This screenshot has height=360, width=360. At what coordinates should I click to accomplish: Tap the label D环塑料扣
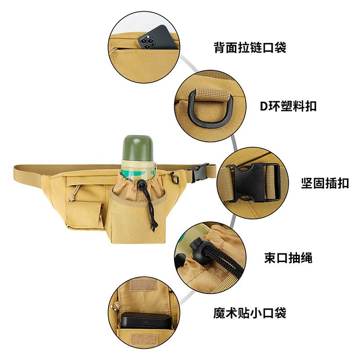(x=288, y=106)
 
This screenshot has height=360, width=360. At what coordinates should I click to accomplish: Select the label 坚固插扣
(x=324, y=184)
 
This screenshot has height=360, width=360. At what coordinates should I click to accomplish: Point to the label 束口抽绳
(x=288, y=258)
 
